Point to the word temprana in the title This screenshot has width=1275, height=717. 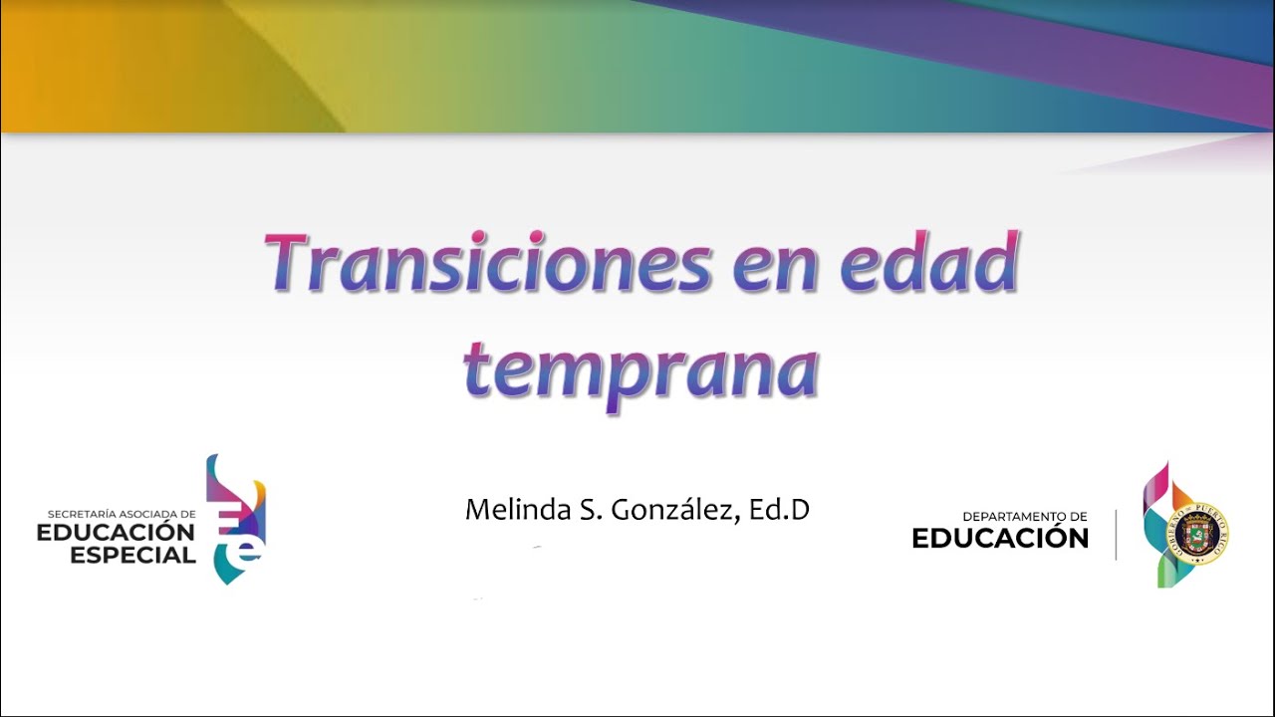[640, 370]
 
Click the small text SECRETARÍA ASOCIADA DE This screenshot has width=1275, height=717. [122, 514]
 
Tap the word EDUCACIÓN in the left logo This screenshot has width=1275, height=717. [116, 534]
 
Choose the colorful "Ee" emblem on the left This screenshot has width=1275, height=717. [237, 519]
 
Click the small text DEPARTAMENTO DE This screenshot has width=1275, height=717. [1024, 516]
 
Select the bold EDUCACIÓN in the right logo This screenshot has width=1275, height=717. [1000, 539]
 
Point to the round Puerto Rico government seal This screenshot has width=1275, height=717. [1201, 534]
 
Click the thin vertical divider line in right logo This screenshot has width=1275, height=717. [1116, 535]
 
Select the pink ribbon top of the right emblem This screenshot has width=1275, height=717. [1155, 483]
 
